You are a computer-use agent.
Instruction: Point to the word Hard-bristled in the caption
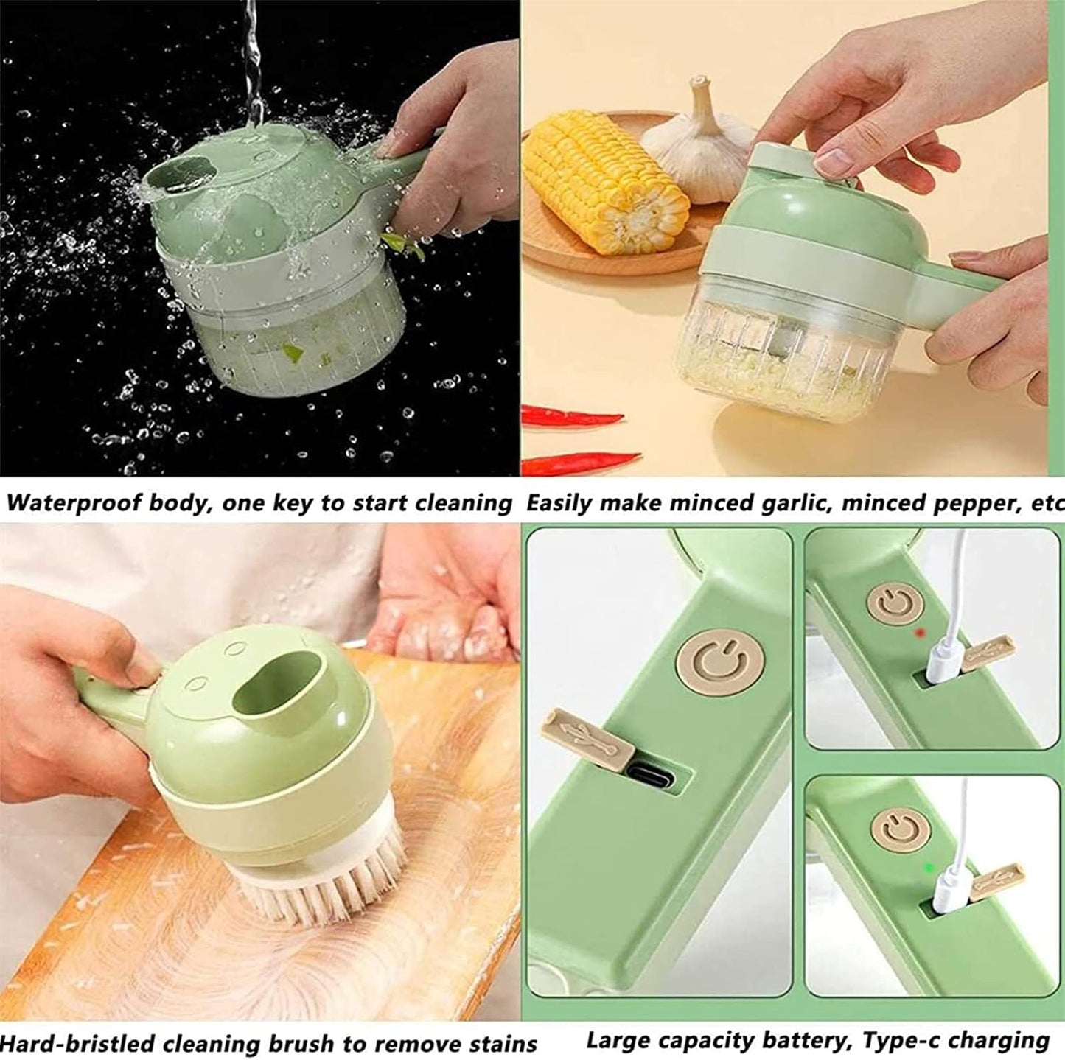click(77, 1044)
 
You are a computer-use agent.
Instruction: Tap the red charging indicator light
click(918, 633)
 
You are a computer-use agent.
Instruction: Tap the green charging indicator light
click(929, 868)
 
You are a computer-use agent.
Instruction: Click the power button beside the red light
click(894, 602)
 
